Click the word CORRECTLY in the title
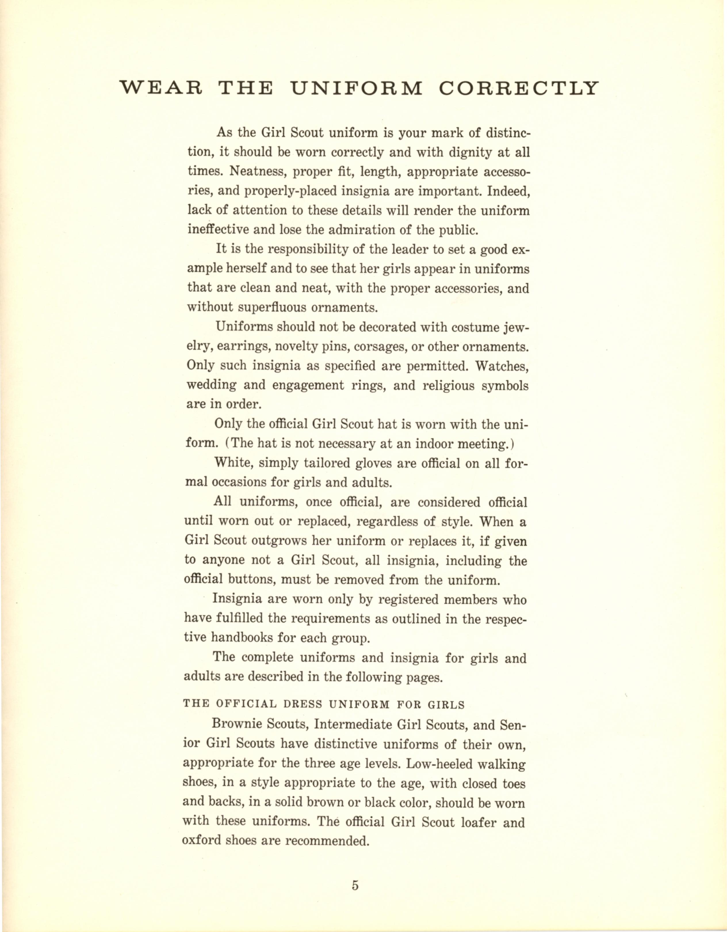pyautogui.click(x=519, y=88)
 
